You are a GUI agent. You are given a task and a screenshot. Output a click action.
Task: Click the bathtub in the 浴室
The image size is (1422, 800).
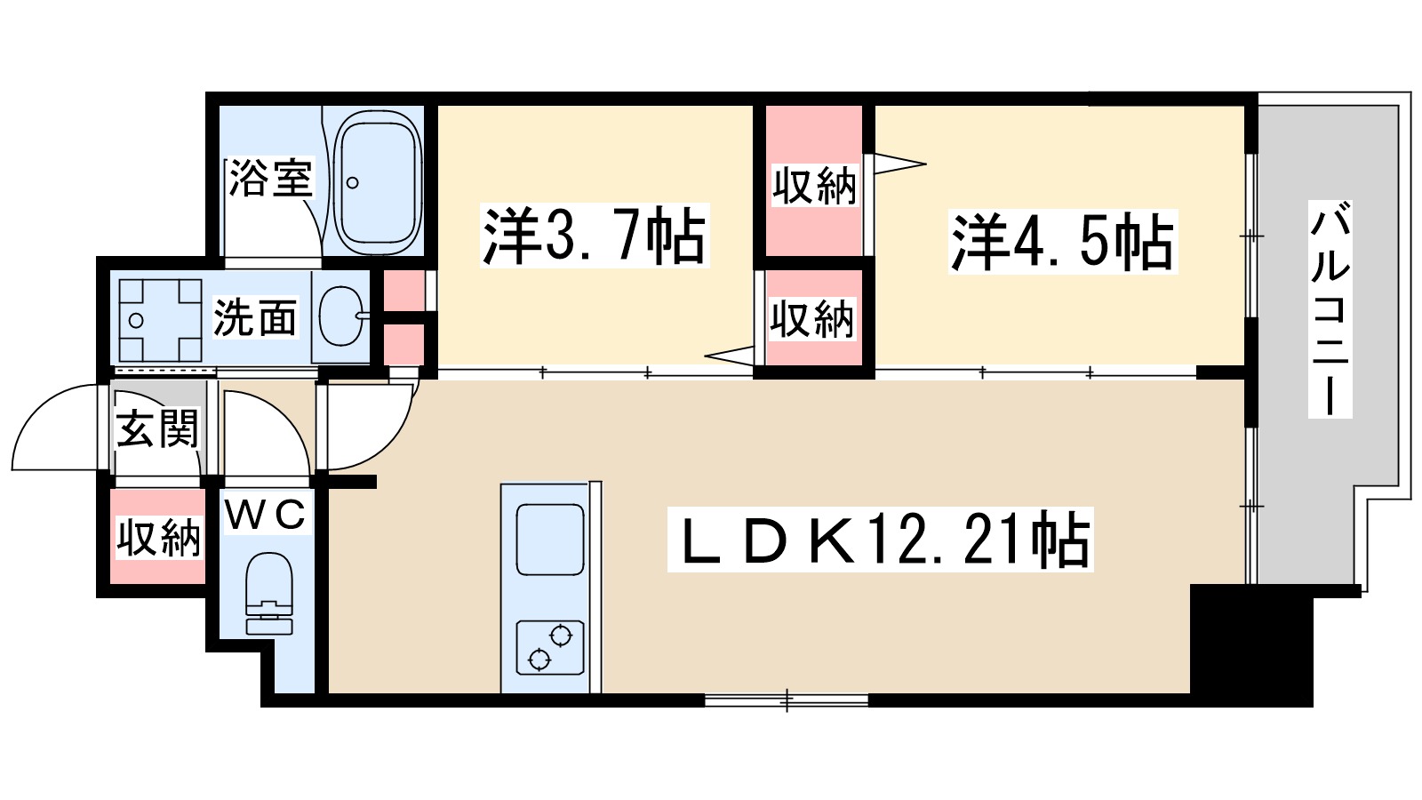point(378,181)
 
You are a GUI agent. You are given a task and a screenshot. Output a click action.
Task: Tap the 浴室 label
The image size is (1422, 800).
point(270,178)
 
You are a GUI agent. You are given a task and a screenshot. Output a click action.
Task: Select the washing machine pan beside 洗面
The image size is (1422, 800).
point(160,319)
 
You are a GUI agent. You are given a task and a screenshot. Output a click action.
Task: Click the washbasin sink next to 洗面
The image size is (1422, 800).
point(341,316)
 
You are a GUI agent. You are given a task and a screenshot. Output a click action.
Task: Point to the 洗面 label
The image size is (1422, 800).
point(255,317)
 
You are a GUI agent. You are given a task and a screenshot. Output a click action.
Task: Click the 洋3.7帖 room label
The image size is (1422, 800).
point(595,236)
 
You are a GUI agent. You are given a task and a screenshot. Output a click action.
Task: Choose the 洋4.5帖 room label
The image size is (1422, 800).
point(1062,242)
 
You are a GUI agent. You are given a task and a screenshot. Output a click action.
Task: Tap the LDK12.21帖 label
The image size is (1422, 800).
point(880,539)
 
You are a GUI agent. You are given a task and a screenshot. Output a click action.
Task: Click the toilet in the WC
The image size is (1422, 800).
point(269,593)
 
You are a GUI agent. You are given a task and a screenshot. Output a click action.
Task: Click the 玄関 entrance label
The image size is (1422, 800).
point(158,428)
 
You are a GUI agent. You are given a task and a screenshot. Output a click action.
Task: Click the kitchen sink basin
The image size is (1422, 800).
point(550,540)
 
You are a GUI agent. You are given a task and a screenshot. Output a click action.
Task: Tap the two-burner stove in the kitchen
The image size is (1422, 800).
point(550,647)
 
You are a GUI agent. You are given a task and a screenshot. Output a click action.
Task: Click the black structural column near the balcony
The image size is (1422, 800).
point(1250,645)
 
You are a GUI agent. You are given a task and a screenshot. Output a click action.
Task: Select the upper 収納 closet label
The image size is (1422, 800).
point(814,186)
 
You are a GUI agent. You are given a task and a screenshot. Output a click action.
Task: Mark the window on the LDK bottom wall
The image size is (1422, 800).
point(787,700)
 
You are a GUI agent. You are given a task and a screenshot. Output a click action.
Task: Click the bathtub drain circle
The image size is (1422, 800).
point(352,183)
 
